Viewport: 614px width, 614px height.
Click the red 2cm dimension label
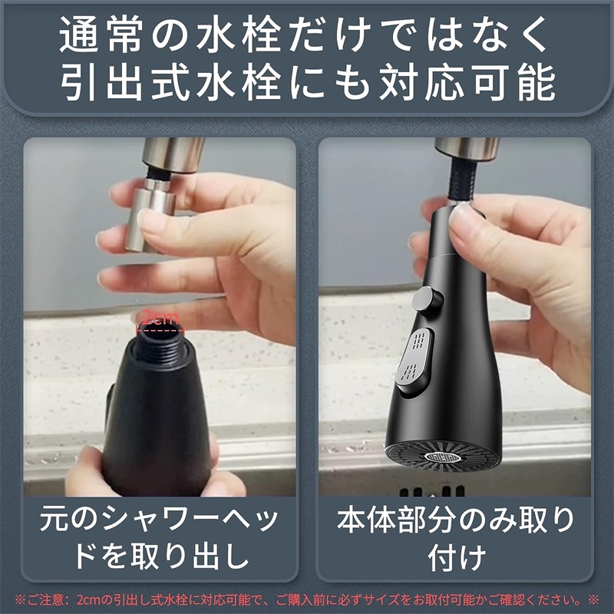tap(160, 318)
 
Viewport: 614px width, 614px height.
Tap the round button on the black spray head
tap(427, 300)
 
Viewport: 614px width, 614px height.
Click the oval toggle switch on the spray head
tap(414, 362)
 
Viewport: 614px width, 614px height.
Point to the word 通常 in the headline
tap(101, 34)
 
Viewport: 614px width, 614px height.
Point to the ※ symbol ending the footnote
tap(593, 599)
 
